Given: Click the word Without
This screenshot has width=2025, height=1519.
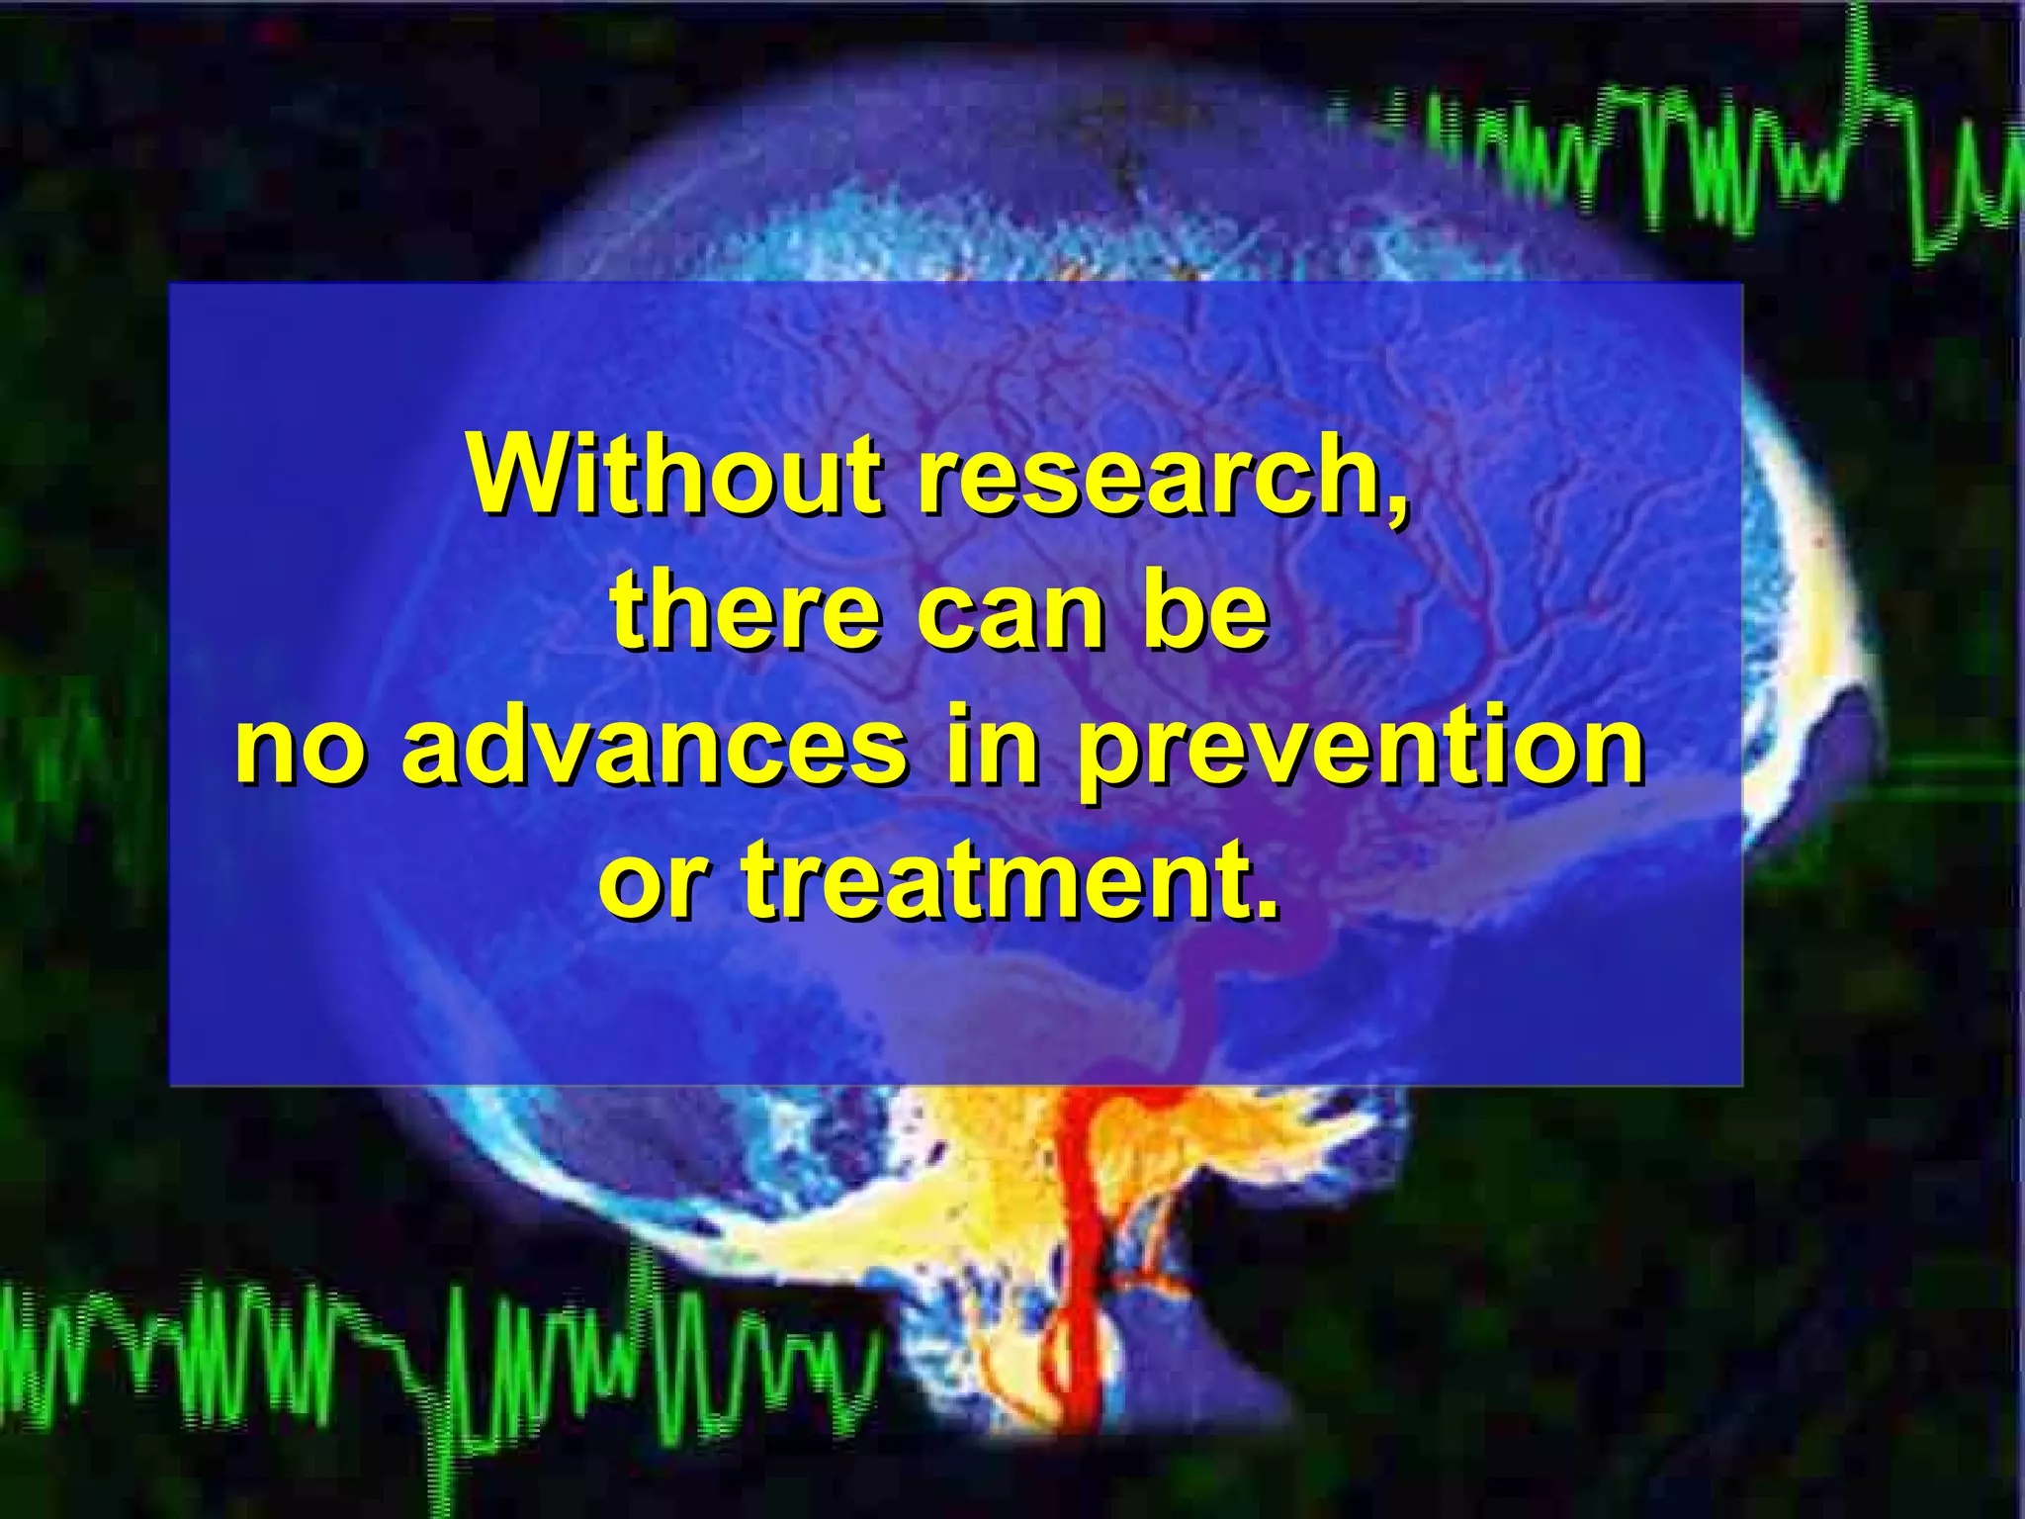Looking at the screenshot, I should pyautogui.click(x=675, y=474).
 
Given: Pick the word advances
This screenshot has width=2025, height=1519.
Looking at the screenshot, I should pyautogui.click(x=652, y=745).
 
